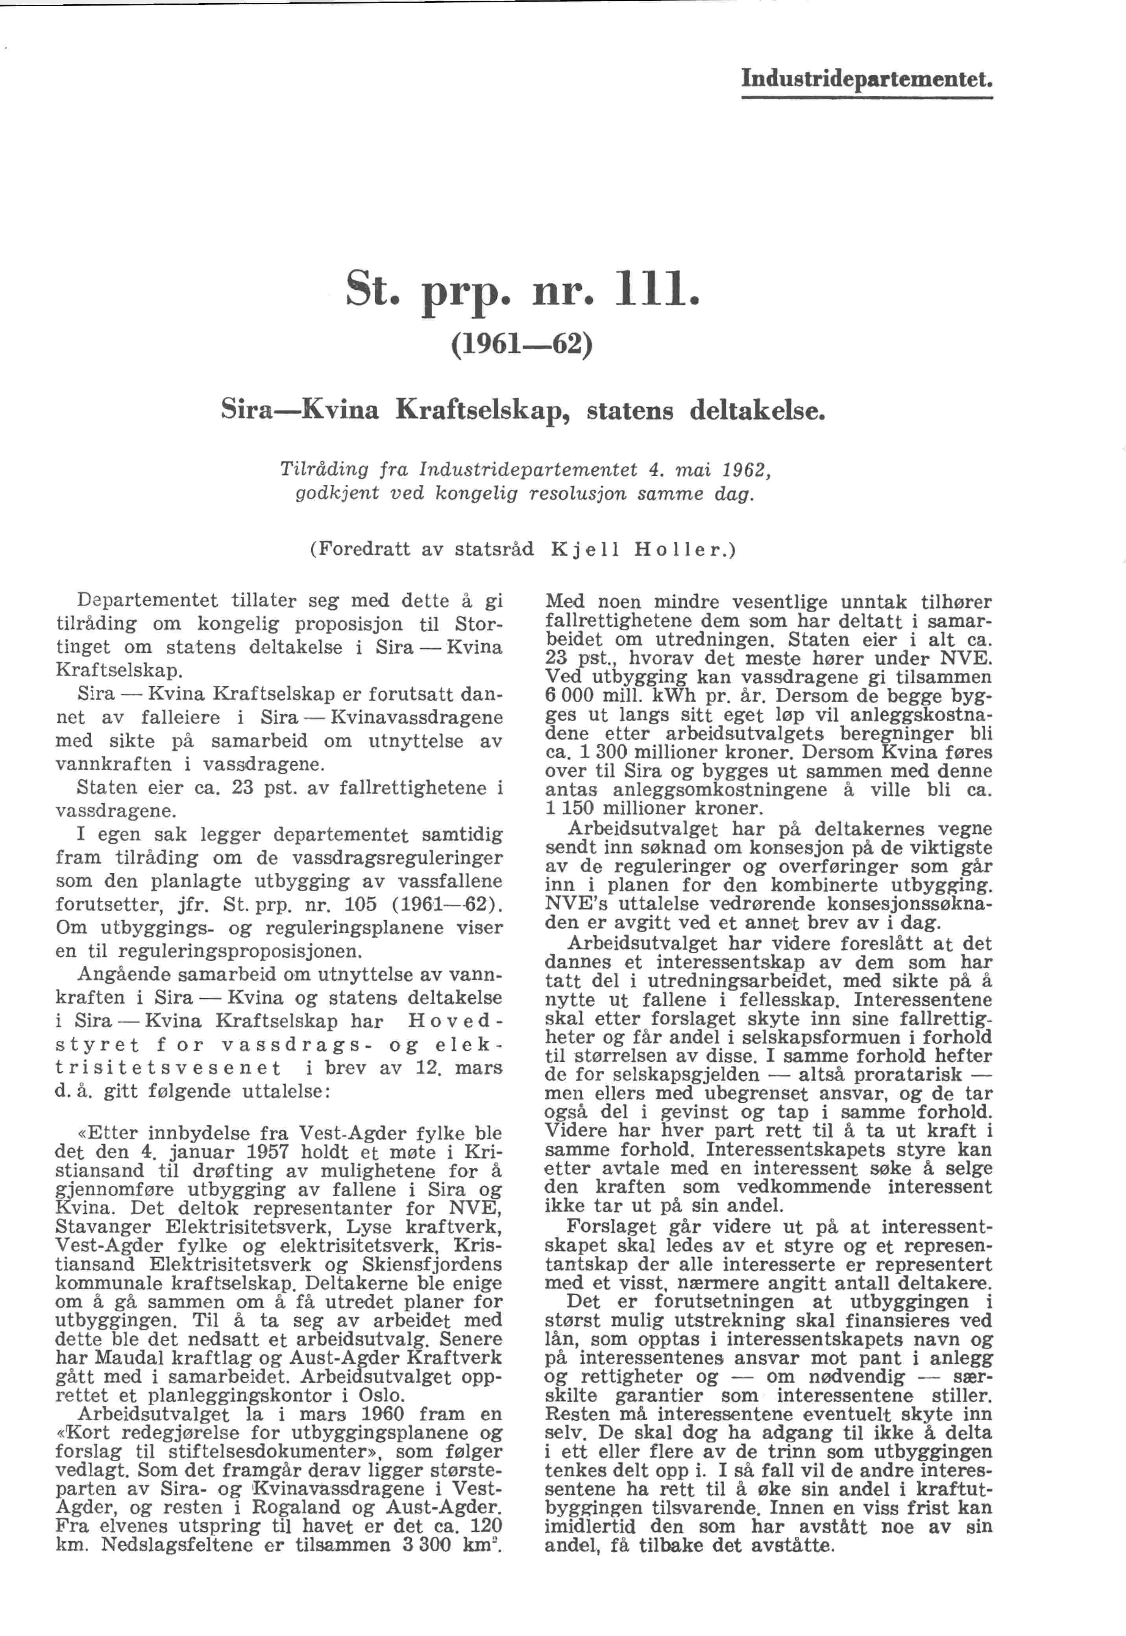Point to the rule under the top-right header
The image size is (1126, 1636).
[x=867, y=97]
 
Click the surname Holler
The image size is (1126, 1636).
[x=678, y=550]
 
